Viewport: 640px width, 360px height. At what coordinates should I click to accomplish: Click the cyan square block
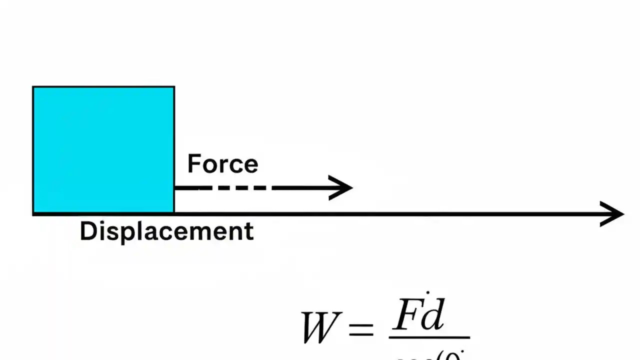tap(103, 150)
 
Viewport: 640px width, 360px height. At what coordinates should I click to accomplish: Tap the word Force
tap(222, 164)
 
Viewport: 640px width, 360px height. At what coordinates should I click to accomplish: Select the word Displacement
tap(166, 231)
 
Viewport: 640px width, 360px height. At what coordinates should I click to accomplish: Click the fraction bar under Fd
tap(429, 338)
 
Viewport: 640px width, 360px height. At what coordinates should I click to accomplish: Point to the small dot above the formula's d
tap(427, 291)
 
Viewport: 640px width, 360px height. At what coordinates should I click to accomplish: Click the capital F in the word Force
tap(193, 164)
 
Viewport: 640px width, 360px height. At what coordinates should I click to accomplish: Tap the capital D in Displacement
tap(88, 231)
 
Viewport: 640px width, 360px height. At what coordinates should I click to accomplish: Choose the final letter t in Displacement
tap(249, 231)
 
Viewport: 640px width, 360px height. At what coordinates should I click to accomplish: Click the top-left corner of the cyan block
tap(33, 87)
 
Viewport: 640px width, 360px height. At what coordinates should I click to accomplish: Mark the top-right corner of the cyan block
tap(174, 87)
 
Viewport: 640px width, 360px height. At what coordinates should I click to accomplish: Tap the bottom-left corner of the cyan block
tap(33, 213)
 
